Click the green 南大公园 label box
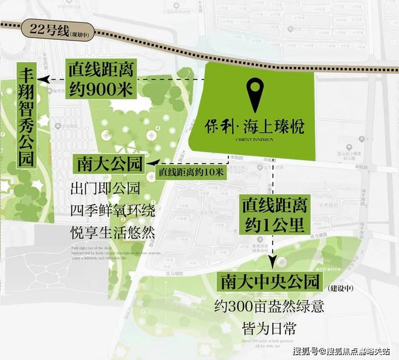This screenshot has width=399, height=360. [111, 164]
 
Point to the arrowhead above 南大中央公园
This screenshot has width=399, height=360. [273, 263]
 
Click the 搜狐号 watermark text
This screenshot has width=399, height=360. [306, 351]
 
